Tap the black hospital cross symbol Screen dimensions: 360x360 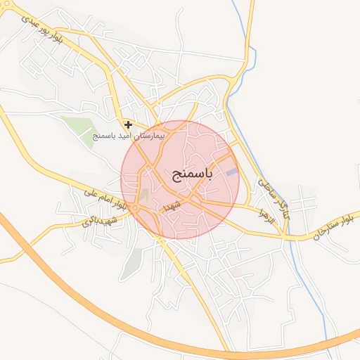pos(128,124)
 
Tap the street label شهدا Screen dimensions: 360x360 pos(172,205)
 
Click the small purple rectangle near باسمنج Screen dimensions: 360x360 pos(231,172)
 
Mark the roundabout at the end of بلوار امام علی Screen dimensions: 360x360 pos(134,208)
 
